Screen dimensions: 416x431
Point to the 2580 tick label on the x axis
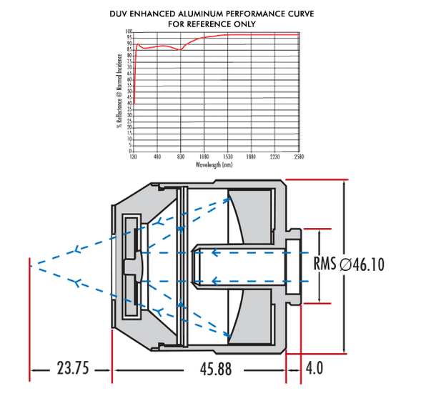(298, 157)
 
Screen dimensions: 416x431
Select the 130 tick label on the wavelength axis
(134, 157)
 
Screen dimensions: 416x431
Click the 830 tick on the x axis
(181, 157)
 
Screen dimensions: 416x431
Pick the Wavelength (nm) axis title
(214, 164)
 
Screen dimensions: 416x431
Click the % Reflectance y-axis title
(119, 91)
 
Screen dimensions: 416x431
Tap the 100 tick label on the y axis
(129, 32)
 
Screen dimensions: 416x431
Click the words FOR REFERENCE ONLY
(212, 24)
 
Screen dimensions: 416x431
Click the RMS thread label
(325, 264)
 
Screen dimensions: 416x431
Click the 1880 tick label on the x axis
(251, 157)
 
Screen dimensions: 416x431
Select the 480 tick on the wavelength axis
(157, 157)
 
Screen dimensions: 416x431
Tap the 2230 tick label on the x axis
(274, 157)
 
